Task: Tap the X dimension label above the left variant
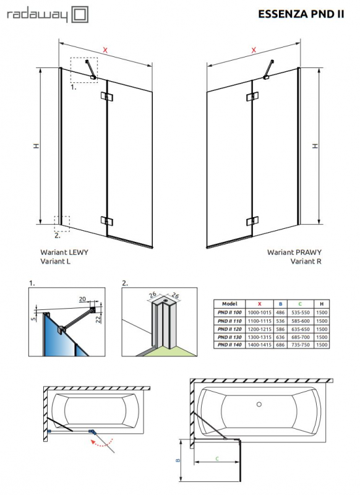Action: pos(105,49)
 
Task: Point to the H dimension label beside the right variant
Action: pos(315,146)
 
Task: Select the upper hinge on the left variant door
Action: pos(109,97)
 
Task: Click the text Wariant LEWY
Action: pos(64,252)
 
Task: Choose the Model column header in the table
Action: pos(229,304)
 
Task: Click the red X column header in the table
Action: pos(259,304)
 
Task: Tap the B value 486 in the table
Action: pos(281,313)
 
